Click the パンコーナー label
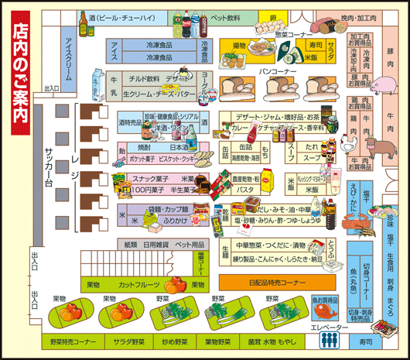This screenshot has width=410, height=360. (x=277, y=71)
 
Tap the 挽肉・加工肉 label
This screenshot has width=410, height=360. (x=358, y=16)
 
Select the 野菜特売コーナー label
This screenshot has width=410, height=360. (x=73, y=341)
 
